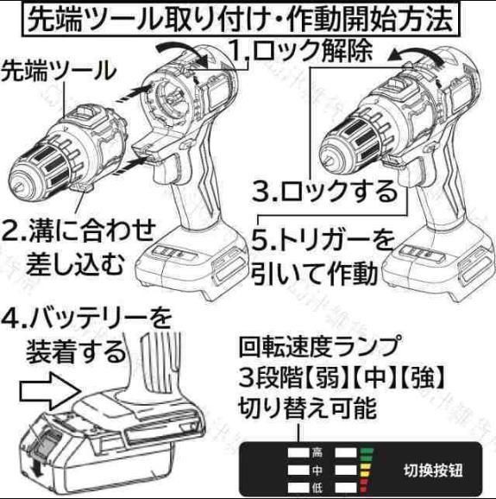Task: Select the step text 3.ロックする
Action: point(324,189)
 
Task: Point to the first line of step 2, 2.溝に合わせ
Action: point(79,231)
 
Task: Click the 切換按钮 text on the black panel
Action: point(432,471)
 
